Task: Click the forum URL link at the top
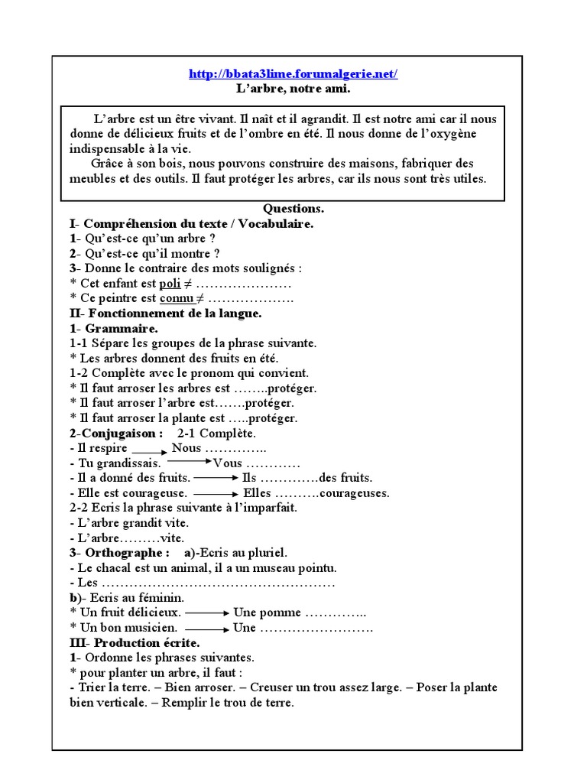(x=293, y=74)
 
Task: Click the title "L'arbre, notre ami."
(x=293, y=89)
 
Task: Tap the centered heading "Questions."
(x=293, y=208)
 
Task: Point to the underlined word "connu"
(x=175, y=298)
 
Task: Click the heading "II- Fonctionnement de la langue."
(x=166, y=314)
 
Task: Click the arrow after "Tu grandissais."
(x=189, y=462)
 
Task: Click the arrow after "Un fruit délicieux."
(x=207, y=613)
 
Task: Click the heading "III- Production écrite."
(x=135, y=643)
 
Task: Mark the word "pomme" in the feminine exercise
(x=280, y=613)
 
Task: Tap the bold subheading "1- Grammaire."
(x=114, y=329)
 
